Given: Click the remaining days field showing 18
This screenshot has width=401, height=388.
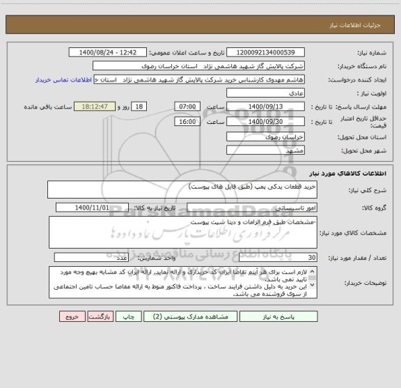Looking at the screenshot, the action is (140, 107).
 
